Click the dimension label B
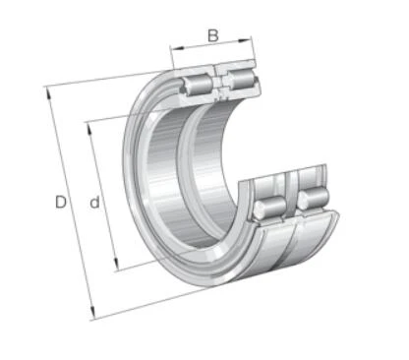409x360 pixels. [x=213, y=35]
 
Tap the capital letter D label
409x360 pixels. [x=61, y=202]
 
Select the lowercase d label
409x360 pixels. [x=94, y=203]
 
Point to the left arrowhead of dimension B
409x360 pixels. [x=177, y=49]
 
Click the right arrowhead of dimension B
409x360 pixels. [x=245, y=40]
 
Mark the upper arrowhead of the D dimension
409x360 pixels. [x=48, y=92]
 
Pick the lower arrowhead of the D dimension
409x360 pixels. [x=92, y=313]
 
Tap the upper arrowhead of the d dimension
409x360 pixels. [x=89, y=129]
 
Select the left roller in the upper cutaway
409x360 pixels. [x=199, y=85]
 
